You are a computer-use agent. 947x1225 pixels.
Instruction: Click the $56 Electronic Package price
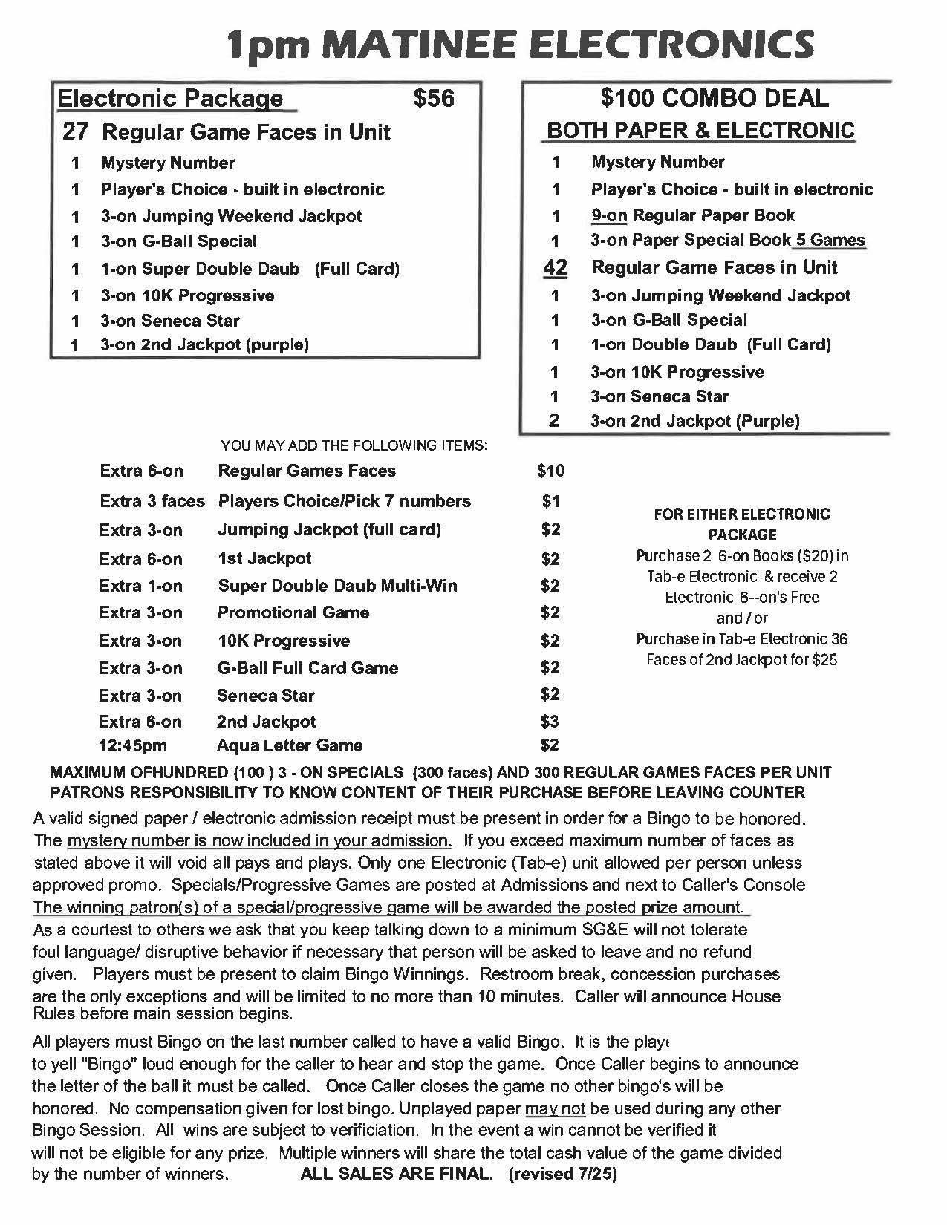coord(434,98)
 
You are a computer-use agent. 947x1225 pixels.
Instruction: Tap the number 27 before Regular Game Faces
coord(76,132)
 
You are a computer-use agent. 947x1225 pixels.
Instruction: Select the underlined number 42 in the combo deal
coord(555,267)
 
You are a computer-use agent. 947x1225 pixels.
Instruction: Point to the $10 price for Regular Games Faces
coord(550,471)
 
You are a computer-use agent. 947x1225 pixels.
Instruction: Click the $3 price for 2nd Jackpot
coord(550,722)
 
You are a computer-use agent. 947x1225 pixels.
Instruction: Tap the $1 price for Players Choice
coord(550,502)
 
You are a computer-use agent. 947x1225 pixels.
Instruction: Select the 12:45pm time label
coord(133,745)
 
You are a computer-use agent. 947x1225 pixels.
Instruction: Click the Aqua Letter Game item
coord(290,745)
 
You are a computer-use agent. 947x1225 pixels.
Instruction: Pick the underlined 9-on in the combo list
coord(609,215)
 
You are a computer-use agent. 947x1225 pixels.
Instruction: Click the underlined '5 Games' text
coord(830,240)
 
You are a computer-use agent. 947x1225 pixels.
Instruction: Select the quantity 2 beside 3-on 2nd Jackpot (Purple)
coord(554,421)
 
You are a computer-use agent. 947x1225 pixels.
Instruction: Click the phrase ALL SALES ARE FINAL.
coord(397,1175)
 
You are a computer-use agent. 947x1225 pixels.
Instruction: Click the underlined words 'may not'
coord(556,1108)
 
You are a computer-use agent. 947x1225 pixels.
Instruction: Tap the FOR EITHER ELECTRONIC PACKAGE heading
coord(742,524)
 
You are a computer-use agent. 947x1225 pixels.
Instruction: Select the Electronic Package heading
coord(170,98)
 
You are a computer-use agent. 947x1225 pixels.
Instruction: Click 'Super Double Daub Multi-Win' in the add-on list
coord(337,586)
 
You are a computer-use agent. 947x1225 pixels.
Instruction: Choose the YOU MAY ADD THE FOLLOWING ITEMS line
coord(354,445)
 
